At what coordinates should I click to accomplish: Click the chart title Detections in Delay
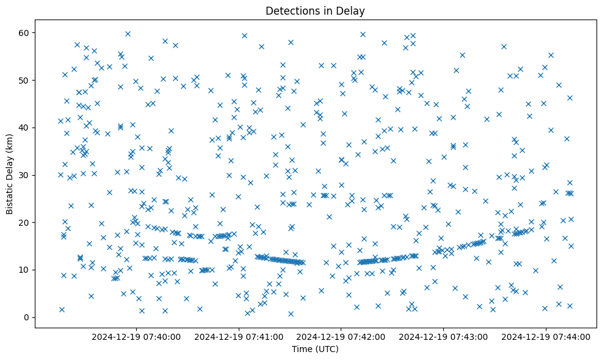pos(315,10)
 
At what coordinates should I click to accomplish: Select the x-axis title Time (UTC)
pos(315,350)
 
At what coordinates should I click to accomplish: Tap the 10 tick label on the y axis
pos(26,270)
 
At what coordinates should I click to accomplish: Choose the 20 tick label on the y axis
pos(26,222)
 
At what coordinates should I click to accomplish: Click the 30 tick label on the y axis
pos(26,175)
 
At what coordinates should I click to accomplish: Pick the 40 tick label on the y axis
pos(26,128)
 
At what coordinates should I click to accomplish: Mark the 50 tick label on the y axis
pos(26,80)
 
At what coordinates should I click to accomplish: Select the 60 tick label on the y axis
pos(26,32)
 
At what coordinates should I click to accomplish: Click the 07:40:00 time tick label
pos(136,337)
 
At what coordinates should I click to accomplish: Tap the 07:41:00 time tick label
pos(239,337)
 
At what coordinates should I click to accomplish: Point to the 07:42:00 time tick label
pos(341,337)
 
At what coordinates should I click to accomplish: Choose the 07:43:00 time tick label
pos(443,337)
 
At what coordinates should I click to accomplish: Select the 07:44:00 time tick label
pos(546,337)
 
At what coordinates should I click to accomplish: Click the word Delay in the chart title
pos(352,10)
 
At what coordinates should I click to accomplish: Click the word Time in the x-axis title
pos(302,350)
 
